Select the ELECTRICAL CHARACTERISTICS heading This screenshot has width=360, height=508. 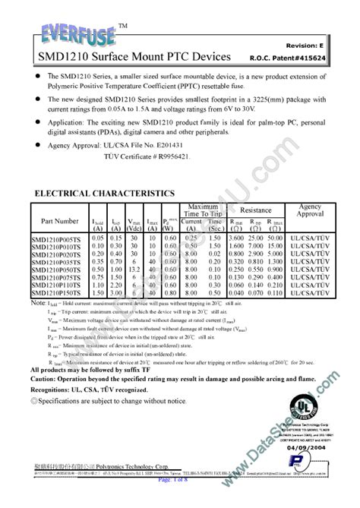106,194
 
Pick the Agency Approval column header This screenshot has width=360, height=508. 310,210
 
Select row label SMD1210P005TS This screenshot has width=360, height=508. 58,238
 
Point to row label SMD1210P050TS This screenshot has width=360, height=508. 58,269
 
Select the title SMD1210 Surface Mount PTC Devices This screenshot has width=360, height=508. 119,57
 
